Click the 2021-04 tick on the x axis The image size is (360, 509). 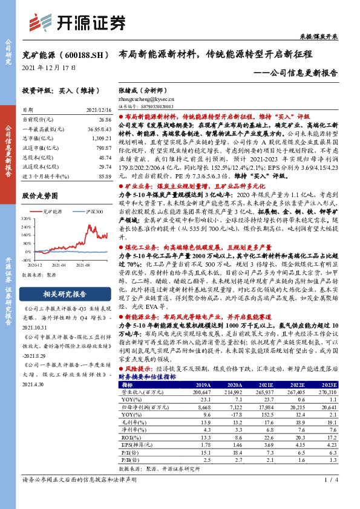[x=60, y=265]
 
